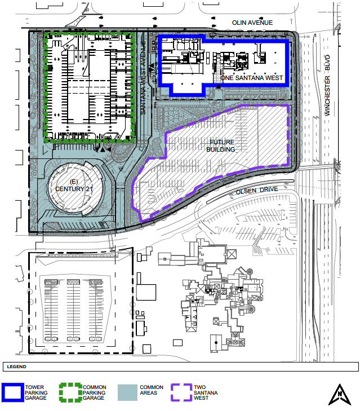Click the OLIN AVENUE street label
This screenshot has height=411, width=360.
coord(252,23)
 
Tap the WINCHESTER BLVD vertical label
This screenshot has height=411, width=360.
coord(327,85)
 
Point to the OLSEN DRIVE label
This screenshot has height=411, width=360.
coord(257,191)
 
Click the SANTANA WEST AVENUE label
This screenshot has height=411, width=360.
coord(143,78)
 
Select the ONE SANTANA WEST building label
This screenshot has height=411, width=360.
coord(252,78)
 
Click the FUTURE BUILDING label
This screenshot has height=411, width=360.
coord(221,145)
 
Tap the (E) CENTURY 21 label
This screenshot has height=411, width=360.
coord(74,185)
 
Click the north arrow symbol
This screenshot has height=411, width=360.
coord(340,395)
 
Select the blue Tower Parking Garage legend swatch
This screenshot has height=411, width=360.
coord(12,392)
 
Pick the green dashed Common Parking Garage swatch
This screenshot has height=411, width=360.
coord(70,392)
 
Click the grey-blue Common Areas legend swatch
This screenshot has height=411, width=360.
coord(127,392)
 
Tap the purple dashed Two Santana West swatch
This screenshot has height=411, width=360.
coord(181,392)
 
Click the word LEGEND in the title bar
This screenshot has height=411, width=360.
coord(16,366)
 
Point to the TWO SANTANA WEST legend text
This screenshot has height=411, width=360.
coord(206,392)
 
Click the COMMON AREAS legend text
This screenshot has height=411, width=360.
coord(152,390)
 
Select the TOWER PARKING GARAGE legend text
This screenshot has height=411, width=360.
coord(36,392)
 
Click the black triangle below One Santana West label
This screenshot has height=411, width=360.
coord(218,86)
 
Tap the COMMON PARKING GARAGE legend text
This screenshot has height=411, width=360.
coord(94,392)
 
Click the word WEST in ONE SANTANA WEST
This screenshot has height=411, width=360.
coord(274,78)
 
